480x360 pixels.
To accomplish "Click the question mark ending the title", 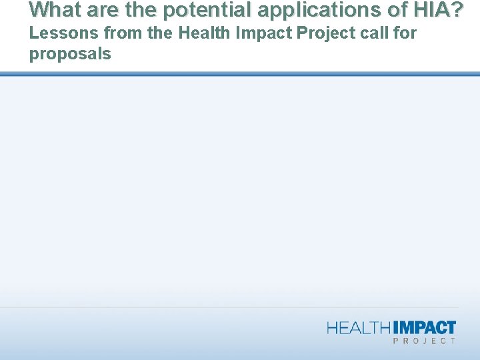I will tap(456, 9).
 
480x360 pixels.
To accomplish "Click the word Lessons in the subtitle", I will tap(63, 33).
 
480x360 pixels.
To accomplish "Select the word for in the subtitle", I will tap(405, 33).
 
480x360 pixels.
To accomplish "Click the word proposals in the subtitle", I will tap(70, 54).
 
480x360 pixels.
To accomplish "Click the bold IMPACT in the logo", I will tap(425, 327).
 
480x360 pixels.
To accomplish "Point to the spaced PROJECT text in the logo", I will tap(424, 341).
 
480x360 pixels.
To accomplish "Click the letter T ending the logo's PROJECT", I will tap(453, 341).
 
